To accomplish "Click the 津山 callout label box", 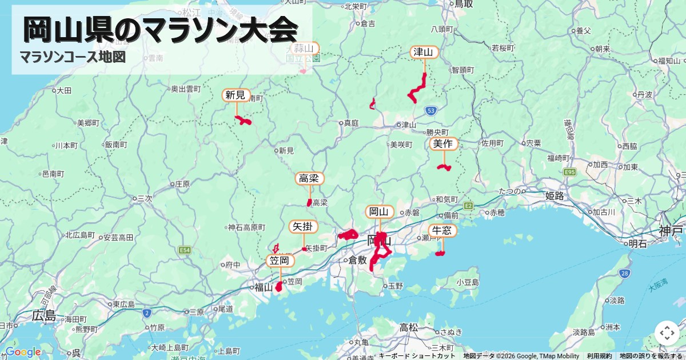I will click(424, 53).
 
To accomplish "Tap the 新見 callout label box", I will click(236, 95).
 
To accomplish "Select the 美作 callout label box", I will click(444, 144).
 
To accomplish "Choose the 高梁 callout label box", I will click(310, 178).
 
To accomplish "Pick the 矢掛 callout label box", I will click(303, 226).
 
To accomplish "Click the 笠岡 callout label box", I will click(281, 261).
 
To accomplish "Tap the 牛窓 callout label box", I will click(443, 231).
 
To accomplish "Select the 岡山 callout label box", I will click(380, 212).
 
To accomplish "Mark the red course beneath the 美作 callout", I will click(444, 167).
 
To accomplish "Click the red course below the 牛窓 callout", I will click(440, 253).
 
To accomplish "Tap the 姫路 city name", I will click(555, 196).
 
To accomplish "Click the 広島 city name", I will click(43, 315).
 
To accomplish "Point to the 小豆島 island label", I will click(468, 282).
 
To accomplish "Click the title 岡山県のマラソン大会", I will click(161, 29).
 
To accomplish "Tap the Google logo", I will click(23, 352).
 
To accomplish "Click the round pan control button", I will click(667, 333).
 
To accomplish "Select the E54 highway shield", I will click(184, 250).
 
